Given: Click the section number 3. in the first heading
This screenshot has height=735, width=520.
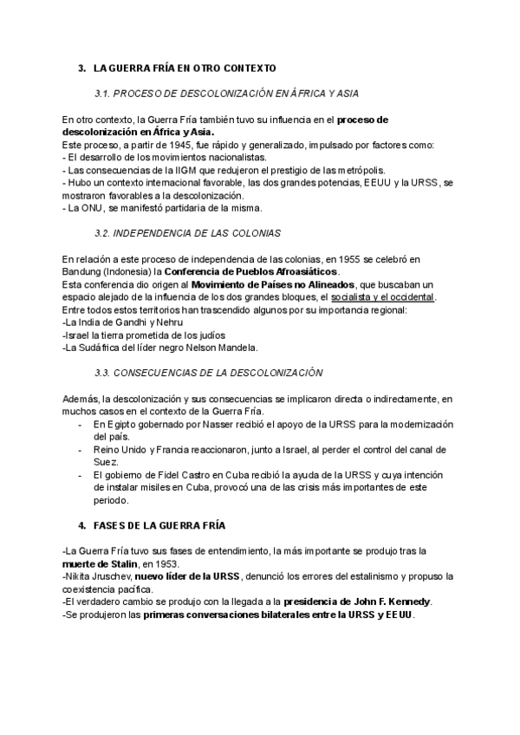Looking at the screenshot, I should tap(81, 67).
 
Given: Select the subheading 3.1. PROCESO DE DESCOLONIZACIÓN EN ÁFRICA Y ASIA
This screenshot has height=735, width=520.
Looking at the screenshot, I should tap(226, 92).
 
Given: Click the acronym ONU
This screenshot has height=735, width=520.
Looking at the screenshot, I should tap(94, 208).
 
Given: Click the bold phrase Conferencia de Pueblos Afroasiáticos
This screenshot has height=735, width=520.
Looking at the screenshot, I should tap(257, 271).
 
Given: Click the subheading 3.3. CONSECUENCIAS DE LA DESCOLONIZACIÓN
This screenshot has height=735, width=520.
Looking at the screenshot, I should tap(209, 373).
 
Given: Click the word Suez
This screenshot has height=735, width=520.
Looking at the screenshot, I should tap(106, 462).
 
